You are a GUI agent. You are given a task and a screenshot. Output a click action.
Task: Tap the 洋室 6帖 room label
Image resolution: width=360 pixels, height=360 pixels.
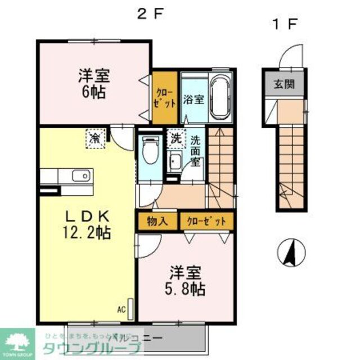click(x=94, y=83)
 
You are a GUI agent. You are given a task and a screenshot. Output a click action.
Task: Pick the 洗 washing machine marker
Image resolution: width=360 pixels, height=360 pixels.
click(x=176, y=137)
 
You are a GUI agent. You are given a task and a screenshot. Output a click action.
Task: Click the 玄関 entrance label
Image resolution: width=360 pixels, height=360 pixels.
click(x=283, y=86)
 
